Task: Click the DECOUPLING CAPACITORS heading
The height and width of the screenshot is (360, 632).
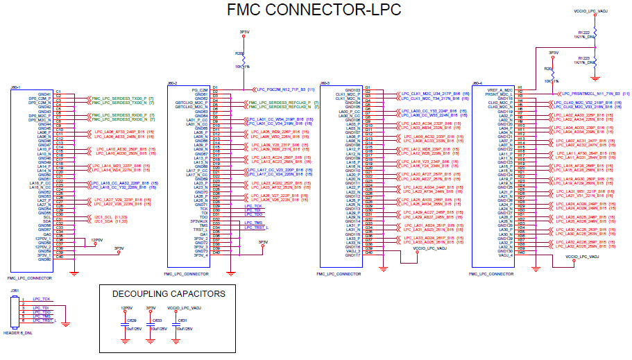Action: pos(169,294)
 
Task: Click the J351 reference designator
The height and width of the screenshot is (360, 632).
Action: pos(14,291)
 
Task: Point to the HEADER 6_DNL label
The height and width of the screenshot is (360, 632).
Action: pos(17,334)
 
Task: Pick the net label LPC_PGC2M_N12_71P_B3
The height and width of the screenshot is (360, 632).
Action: pos(282,89)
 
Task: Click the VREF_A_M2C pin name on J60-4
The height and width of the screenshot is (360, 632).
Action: pos(499,89)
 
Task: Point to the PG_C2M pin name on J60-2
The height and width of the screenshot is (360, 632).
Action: pos(199,89)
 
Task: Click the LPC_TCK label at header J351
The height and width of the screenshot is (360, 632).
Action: pos(41,298)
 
